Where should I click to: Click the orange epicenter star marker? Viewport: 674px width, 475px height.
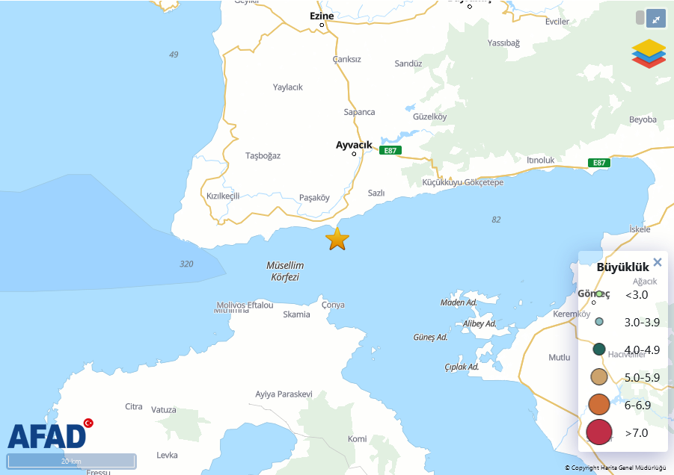(337, 239)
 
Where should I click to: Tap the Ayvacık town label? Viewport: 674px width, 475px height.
(354, 145)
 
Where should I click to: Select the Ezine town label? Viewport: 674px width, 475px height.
(322, 16)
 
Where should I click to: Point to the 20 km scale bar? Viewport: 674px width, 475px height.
(72, 461)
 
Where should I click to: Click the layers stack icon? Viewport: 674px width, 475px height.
(649, 54)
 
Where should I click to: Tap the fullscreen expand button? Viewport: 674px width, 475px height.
(655, 19)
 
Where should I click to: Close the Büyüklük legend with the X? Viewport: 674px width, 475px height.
(658, 262)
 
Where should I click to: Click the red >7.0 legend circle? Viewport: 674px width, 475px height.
(599, 432)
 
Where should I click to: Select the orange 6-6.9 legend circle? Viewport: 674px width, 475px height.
(599, 405)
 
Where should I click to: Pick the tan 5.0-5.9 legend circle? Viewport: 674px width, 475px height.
(599, 377)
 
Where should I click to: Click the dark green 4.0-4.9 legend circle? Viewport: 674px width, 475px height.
(599, 350)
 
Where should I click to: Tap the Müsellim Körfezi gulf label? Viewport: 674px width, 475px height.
(285, 271)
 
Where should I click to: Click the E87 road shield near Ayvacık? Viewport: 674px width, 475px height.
(390, 150)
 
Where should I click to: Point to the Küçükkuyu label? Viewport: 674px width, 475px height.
(442, 182)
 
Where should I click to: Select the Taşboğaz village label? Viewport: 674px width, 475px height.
(263, 155)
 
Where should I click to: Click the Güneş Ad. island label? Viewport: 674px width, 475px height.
(430, 338)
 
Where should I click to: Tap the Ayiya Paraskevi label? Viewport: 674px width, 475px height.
(284, 394)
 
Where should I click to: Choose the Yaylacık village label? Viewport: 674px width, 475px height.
(288, 87)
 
